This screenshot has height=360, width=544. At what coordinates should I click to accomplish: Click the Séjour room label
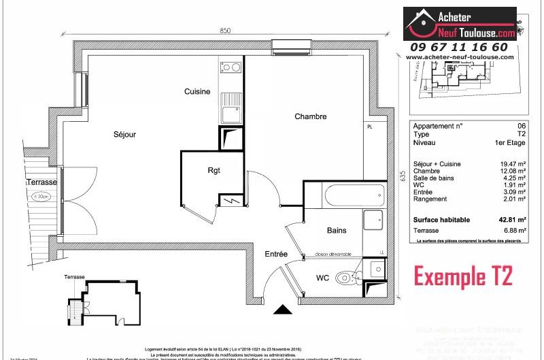pyautogui.click(x=124, y=135)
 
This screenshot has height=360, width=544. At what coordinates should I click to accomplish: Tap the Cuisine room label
pyautogui.click(x=197, y=92)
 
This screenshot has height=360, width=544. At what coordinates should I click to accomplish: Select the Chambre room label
pyautogui.click(x=310, y=116)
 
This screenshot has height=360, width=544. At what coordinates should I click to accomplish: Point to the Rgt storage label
pyautogui.click(x=214, y=170)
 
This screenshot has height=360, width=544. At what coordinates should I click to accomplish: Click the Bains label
pyautogui.click(x=337, y=231)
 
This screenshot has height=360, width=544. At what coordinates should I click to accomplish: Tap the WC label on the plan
pyautogui.click(x=322, y=278)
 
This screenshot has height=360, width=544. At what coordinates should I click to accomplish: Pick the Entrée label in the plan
pyautogui.click(x=276, y=254)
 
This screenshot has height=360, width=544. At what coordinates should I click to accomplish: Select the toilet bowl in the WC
pyautogui.click(x=349, y=277)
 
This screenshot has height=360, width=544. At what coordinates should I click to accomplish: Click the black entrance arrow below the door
pyautogui.click(x=282, y=310)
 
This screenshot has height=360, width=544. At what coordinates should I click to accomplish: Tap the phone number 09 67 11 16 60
pyautogui.click(x=458, y=47)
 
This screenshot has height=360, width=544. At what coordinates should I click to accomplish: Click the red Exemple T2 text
pyautogui.click(x=463, y=276)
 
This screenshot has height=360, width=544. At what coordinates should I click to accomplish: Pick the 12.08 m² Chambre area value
pyautogui.click(x=513, y=171)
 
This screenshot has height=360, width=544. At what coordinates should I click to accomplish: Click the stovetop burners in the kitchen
pyautogui.click(x=231, y=67)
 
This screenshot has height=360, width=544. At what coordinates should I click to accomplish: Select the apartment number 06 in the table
pyautogui.click(x=522, y=126)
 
